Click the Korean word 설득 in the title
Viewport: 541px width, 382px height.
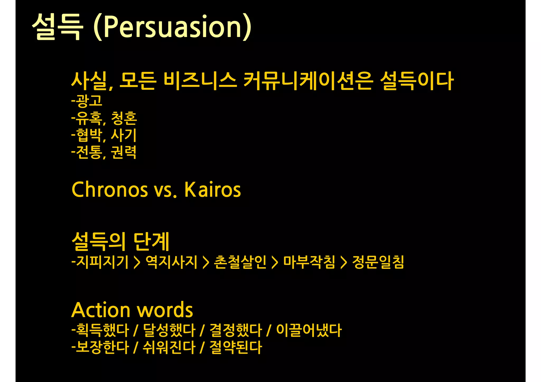click(57, 27)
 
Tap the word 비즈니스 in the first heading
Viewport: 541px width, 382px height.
click(200, 81)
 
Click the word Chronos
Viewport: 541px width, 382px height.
click(110, 190)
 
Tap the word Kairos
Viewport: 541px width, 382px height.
click(212, 190)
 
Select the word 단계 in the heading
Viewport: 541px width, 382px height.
click(151, 241)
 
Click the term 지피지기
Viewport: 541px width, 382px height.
click(102, 262)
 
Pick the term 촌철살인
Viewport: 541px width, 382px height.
click(240, 262)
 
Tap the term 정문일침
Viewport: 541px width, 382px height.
click(378, 262)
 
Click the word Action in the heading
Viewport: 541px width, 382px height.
click(101, 310)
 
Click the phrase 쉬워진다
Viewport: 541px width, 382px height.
click(169, 347)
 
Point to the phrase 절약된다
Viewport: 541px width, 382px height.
click(236, 347)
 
